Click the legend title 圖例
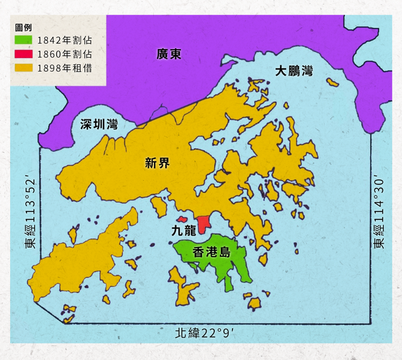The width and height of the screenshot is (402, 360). pos(23,28)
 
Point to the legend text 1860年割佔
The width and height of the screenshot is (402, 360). pos(64,54)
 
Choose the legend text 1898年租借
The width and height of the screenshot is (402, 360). pos(64,67)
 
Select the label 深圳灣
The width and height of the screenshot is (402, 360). pos(99,123)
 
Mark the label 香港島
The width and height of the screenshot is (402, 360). pos(211,253)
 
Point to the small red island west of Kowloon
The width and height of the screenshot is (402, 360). pos(182,219)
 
